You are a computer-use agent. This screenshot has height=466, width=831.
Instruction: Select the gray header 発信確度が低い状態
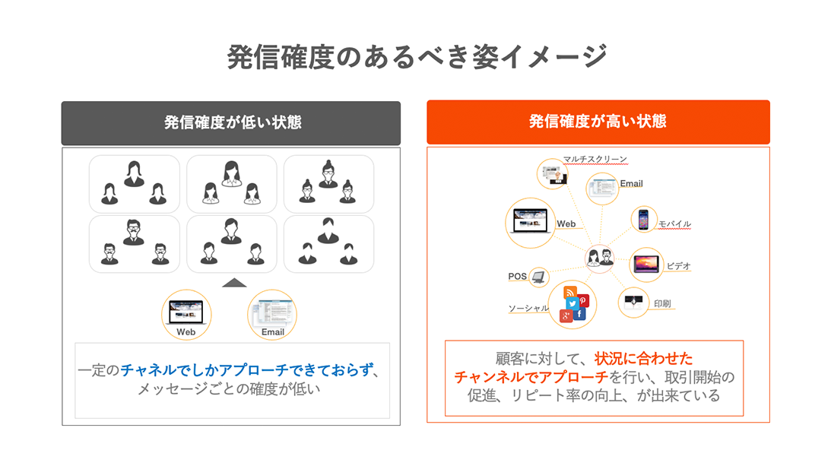[231, 122]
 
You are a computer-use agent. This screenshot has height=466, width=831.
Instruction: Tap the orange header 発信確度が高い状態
[598, 122]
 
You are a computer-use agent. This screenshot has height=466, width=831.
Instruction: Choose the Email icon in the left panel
[272, 312]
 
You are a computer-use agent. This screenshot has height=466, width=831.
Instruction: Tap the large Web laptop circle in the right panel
[530, 223]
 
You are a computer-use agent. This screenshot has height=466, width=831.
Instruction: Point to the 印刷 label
[661, 303]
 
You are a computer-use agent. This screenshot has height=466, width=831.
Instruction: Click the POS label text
[517, 277]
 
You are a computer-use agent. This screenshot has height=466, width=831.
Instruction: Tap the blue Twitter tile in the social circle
[572, 303]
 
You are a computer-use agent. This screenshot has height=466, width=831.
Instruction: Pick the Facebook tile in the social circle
[579, 315]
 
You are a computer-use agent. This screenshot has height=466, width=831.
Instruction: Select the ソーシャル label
[528, 308]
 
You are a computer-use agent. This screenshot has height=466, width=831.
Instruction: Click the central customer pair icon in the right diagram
[600, 258]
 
